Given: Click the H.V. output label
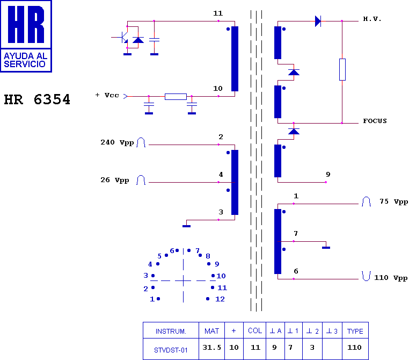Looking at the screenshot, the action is click(x=372, y=19).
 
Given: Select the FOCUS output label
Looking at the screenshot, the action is click(x=375, y=121).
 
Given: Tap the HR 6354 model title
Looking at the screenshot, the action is click(x=37, y=99).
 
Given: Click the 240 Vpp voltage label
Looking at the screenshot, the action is click(x=117, y=142).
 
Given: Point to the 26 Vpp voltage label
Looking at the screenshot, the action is click(x=115, y=180).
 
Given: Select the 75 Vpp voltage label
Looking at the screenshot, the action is click(x=394, y=201).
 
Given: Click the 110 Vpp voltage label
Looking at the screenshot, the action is click(x=391, y=277).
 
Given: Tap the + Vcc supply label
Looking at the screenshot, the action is click(x=107, y=95).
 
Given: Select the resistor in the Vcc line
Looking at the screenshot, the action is click(x=176, y=97).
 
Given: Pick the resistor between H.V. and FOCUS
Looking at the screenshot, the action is click(x=342, y=69).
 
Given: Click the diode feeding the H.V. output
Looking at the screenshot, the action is click(x=318, y=21).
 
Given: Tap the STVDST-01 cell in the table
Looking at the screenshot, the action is click(x=171, y=350).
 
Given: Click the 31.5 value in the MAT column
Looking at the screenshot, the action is click(x=211, y=348).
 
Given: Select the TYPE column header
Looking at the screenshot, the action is click(x=355, y=331).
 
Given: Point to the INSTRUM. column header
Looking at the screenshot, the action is click(x=171, y=332).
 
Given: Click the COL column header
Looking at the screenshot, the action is click(x=255, y=331).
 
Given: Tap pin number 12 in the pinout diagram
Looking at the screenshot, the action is click(x=220, y=299).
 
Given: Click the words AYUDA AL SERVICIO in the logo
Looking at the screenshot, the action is click(x=26, y=60).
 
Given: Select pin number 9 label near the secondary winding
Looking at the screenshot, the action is click(x=328, y=174).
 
